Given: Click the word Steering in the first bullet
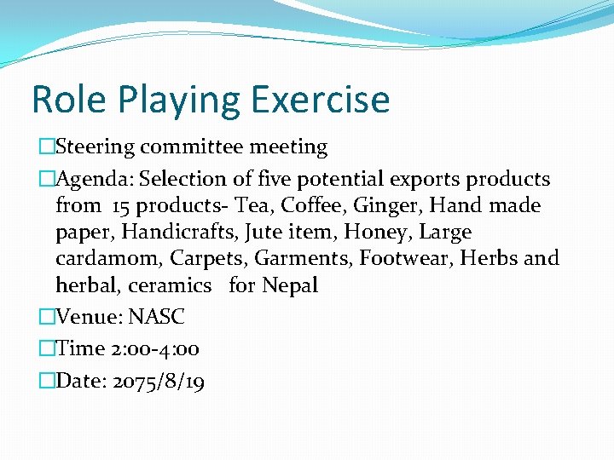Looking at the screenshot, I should click(x=95, y=147).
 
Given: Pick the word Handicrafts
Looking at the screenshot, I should click(x=177, y=232).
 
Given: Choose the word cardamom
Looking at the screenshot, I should click(x=108, y=258).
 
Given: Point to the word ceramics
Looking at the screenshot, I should click(x=170, y=285).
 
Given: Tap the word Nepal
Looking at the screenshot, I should click(x=290, y=285).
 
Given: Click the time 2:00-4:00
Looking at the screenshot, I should click(x=154, y=349).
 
